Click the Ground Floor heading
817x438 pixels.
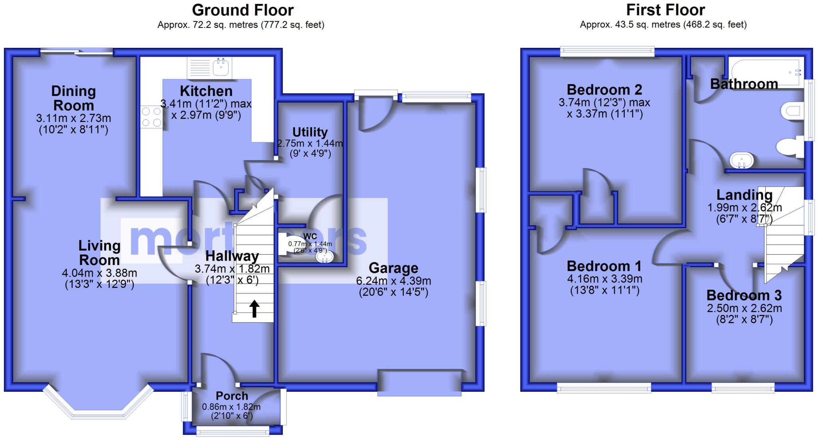point(243,10)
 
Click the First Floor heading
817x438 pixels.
point(665,10)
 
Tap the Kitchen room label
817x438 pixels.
point(206,91)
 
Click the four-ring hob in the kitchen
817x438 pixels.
point(152,117)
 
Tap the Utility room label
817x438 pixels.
point(310,132)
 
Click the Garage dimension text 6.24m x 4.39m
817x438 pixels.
point(393,281)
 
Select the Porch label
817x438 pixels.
point(232,396)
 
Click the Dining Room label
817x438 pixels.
point(74,98)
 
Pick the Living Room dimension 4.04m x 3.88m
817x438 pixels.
point(99,273)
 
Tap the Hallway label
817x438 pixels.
point(232,256)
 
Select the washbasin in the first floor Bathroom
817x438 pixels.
point(742,160)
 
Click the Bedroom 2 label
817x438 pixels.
point(604,90)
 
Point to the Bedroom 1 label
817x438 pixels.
point(604,266)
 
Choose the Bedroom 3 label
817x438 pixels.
point(744,295)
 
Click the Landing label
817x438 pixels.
point(744,195)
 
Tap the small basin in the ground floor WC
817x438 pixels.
point(324,257)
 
